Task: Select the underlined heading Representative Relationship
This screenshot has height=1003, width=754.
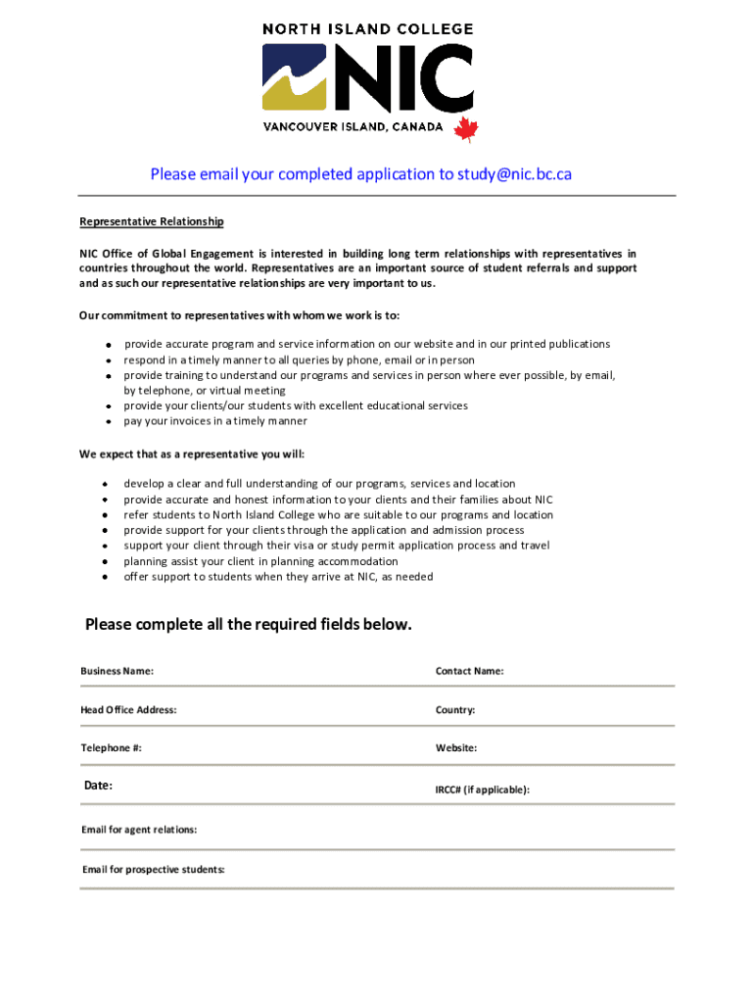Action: click(x=152, y=222)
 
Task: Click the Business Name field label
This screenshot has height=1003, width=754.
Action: click(x=117, y=671)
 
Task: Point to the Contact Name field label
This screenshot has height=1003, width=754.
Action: click(x=470, y=671)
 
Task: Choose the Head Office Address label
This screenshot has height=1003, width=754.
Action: click(x=128, y=709)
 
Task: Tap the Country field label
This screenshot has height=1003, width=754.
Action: click(x=455, y=709)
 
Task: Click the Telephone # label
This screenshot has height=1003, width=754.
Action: click(x=111, y=747)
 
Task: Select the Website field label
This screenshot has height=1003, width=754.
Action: click(x=456, y=747)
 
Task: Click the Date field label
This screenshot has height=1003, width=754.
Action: click(x=98, y=786)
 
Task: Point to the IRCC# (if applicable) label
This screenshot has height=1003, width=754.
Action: click(x=483, y=789)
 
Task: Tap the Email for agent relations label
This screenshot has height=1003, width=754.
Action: click(x=139, y=830)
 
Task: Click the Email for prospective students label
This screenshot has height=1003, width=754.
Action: click(x=154, y=869)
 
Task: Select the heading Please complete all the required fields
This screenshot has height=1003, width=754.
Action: click(x=249, y=625)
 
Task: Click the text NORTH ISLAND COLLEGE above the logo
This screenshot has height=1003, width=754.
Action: click(x=368, y=29)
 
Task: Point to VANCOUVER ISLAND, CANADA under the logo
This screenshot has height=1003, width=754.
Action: click(x=353, y=127)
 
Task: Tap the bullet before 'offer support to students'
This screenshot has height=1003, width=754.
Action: click(x=106, y=577)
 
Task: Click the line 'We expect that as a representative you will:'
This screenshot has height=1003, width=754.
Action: click(x=192, y=454)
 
